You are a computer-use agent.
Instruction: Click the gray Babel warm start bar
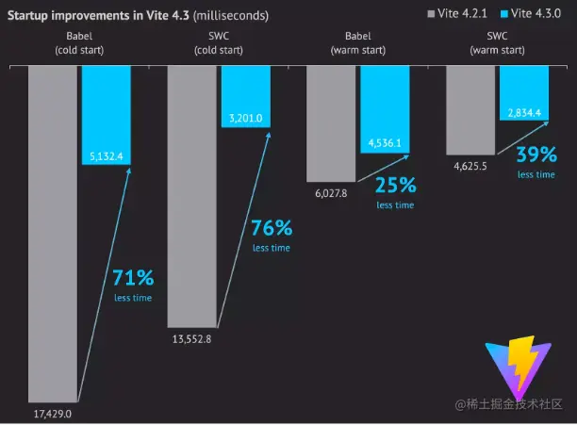[331, 123]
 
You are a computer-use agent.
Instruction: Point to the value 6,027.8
[330, 193]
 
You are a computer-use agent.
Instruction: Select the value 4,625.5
[470, 167]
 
